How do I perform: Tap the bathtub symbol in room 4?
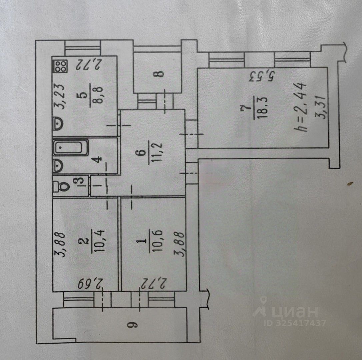[71, 148]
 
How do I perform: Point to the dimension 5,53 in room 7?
[262, 76]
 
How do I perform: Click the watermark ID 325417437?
[295, 323]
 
